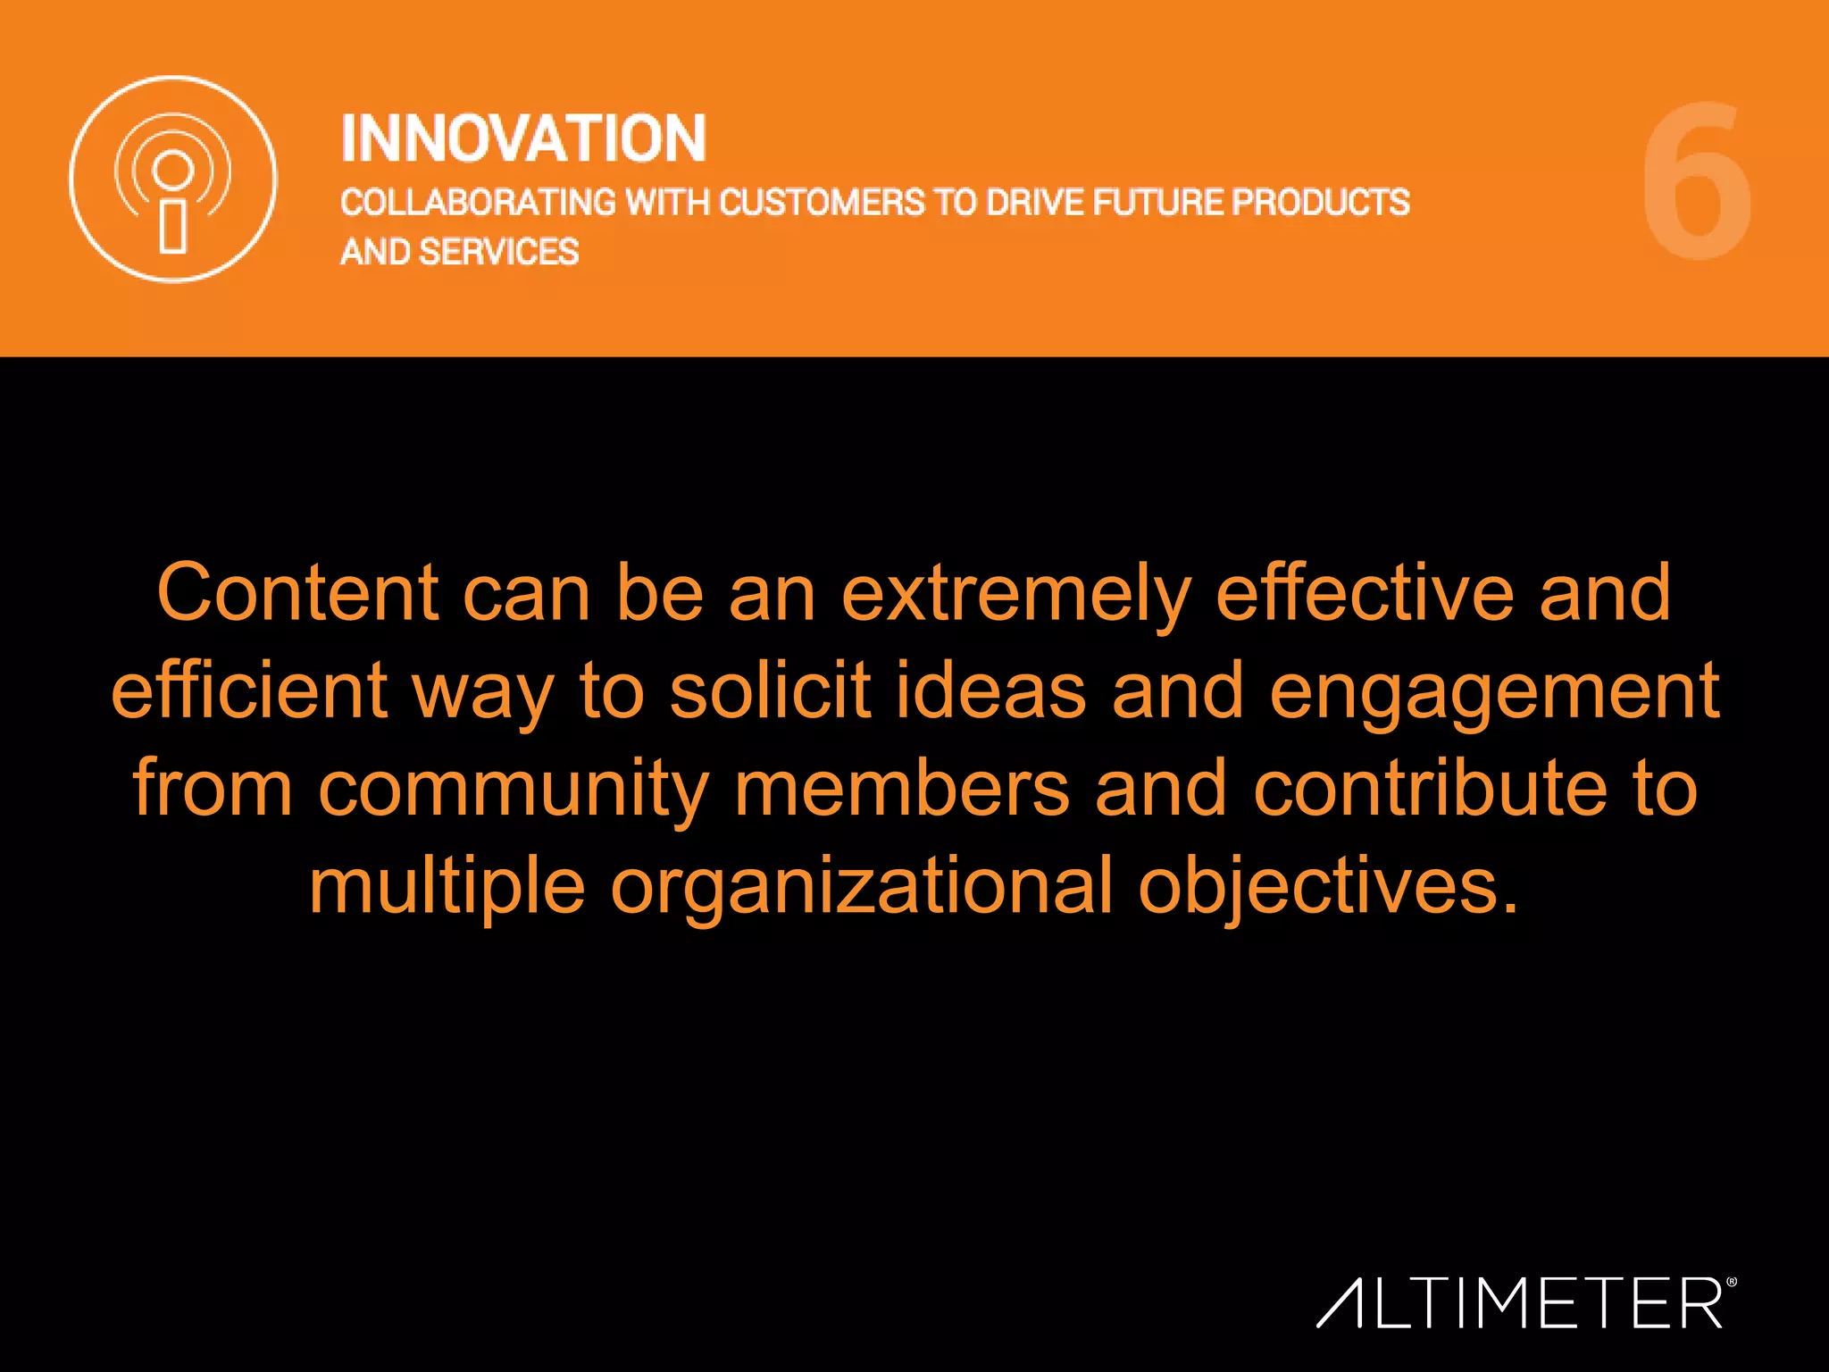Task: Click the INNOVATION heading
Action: [x=523, y=139]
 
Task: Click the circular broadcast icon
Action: [x=173, y=179]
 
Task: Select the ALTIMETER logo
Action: [x=1525, y=1303]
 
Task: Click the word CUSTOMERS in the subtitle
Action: [x=822, y=203]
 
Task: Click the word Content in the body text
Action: [x=297, y=593]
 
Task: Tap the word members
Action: [x=902, y=788]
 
